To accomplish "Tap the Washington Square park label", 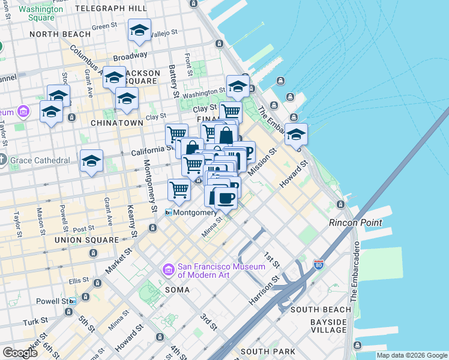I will tap(45, 13).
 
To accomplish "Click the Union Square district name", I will tap(86, 240).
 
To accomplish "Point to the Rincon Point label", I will tap(355, 223).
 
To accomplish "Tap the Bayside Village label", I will tap(328, 326).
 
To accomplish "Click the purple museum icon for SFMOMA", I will tap(169, 271).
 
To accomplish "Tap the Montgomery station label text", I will tap(195, 212).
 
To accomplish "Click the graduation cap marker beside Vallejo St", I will tap(139, 31).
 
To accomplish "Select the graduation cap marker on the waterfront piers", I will tap(295, 135).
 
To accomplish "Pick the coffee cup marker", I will tap(225, 197).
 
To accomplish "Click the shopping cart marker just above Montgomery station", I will tap(179, 190).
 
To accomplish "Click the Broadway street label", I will tap(130, 56).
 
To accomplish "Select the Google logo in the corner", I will tap(20, 352).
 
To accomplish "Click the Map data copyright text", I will tap(412, 355).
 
